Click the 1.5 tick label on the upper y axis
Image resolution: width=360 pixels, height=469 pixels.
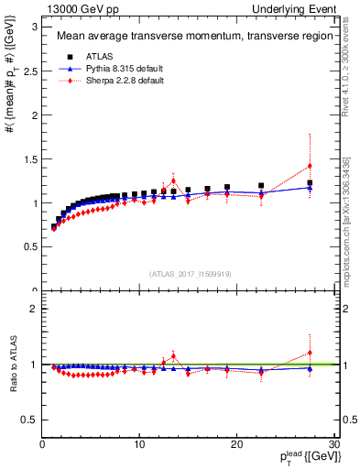(x=30, y=158)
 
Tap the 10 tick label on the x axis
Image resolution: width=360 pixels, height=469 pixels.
(x=138, y=443)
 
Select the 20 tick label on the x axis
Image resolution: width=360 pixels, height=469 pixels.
(x=236, y=443)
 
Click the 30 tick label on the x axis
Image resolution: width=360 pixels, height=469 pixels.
(x=333, y=443)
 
